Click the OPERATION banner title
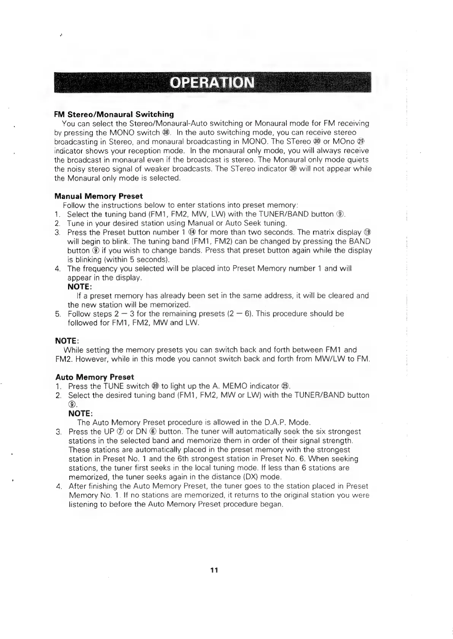[x=212, y=82]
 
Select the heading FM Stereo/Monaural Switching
[x=114, y=114]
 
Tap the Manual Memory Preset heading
[x=99, y=196]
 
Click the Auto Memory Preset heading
[x=95, y=377]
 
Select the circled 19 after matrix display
[x=367, y=232]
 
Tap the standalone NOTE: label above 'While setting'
[x=67, y=340]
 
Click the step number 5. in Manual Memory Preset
[x=58, y=314]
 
